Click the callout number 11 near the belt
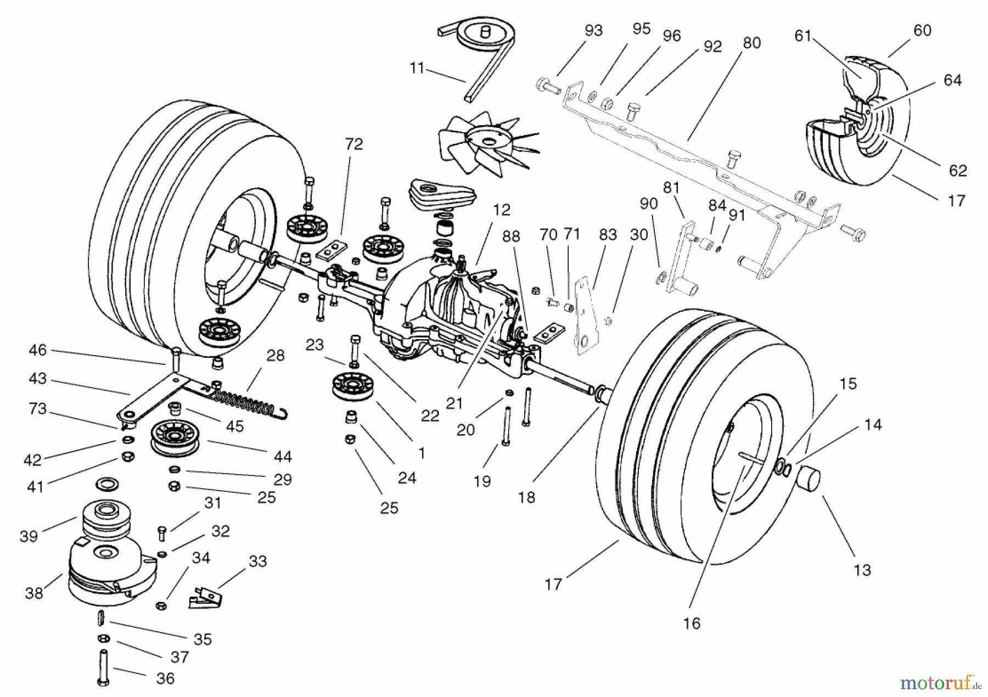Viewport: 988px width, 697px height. coord(417,69)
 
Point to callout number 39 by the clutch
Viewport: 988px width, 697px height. coord(29,536)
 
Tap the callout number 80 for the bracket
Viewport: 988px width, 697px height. coord(751,43)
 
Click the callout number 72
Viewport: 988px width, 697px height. coord(354,144)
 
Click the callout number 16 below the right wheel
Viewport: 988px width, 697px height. coord(692,623)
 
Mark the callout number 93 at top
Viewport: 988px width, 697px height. coord(593,31)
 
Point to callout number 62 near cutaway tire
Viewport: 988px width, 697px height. coord(957,171)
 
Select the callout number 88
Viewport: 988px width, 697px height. coord(510,237)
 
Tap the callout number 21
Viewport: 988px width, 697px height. coord(454,403)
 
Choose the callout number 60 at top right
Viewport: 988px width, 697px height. coord(922,31)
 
